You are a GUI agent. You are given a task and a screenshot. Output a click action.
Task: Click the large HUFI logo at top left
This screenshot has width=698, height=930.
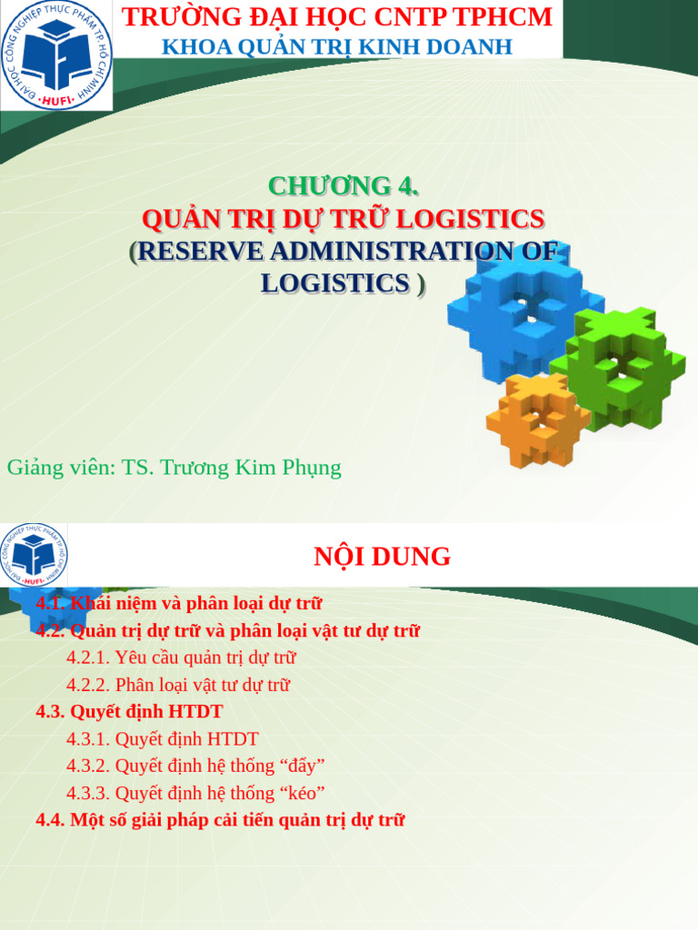click(56, 56)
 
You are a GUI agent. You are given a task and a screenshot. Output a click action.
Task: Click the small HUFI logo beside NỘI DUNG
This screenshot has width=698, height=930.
click(34, 555)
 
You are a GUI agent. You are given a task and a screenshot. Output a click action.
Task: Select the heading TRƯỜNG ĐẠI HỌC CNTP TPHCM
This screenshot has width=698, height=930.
click(337, 16)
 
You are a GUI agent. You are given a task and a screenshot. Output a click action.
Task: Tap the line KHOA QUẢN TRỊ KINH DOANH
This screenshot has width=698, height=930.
click(337, 46)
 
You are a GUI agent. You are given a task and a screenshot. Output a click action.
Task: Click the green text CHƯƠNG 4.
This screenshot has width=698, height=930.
click(344, 186)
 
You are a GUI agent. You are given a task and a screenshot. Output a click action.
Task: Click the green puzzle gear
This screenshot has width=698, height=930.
click(618, 367)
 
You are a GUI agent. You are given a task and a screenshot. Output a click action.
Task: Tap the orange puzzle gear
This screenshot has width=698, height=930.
click(537, 419)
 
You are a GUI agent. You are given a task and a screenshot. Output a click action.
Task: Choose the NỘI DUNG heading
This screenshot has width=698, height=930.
click(382, 557)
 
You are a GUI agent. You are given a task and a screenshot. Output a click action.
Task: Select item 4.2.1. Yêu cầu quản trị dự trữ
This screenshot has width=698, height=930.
click(181, 658)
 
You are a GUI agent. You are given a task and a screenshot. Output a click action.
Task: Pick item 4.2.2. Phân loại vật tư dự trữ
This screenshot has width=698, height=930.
click(178, 685)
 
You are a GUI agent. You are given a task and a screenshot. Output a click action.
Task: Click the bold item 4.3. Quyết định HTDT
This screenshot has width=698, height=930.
click(129, 712)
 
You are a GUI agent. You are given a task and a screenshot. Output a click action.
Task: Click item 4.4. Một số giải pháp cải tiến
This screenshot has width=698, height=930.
click(220, 820)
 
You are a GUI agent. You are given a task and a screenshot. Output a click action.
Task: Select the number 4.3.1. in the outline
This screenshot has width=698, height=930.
click(88, 739)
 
